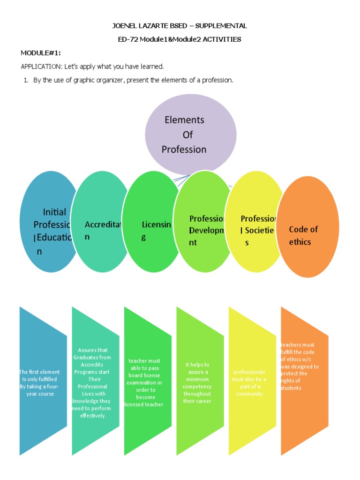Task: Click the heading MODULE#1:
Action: pos(40,52)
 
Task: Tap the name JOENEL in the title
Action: pos(126,26)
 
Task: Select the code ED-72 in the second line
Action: pos(128,39)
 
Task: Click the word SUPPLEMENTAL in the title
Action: pos(222,26)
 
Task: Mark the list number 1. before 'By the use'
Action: pos(26,80)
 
